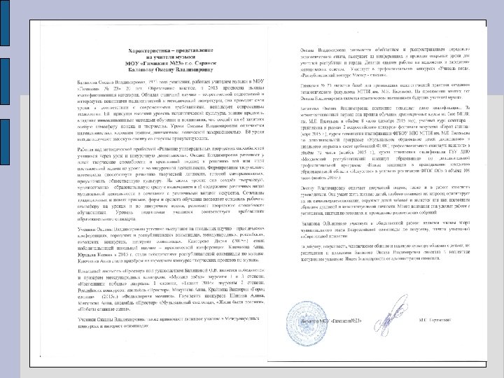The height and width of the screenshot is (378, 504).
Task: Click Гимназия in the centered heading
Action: tap(160, 66)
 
